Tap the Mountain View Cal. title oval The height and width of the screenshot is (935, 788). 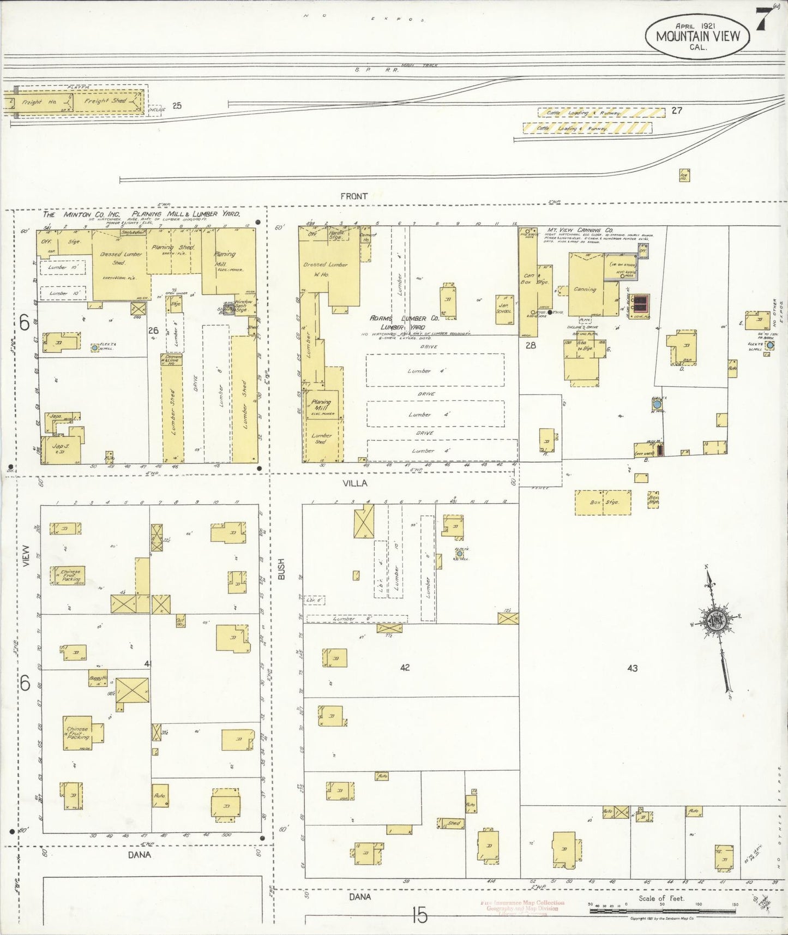(697, 37)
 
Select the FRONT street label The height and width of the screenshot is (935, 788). (354, 196)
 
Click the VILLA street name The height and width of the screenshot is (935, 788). (354, 483)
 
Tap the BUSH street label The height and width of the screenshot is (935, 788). (282, 568)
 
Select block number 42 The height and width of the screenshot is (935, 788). (404, 667)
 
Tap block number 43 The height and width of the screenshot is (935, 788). (632, 668)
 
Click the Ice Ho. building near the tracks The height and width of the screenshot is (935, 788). (684, 176)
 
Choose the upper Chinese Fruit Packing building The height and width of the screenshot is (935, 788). (68, 576)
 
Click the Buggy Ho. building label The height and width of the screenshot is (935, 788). (98, 680)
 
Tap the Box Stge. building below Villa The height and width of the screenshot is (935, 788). (603, 502)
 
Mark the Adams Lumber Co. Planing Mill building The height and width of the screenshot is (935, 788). (322, 405)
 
